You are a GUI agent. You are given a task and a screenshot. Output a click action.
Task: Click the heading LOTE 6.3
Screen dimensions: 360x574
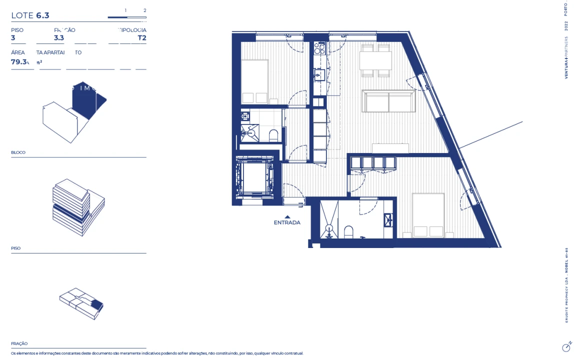[30, 15]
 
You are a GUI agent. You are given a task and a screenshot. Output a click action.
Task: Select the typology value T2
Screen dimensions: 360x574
[142, 37]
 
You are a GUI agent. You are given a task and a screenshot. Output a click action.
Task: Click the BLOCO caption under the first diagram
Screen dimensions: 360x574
[18, 152]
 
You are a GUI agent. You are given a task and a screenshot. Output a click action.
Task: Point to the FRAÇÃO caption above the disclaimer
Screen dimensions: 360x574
[19, 343]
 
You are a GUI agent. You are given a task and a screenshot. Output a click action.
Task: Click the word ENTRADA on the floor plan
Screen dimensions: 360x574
[287, 222]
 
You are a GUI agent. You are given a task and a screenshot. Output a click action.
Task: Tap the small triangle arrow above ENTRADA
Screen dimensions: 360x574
[287, 216]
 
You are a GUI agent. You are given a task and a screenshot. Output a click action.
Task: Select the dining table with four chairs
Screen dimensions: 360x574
[375, 61]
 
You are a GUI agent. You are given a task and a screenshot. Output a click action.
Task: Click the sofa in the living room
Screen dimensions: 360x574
[388, 101]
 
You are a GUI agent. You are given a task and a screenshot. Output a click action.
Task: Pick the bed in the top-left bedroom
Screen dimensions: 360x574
[254, 81]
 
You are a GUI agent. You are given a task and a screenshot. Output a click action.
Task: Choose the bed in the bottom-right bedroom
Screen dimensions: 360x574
[428, 215]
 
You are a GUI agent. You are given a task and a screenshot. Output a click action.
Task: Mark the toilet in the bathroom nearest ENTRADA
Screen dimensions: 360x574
[348, 232]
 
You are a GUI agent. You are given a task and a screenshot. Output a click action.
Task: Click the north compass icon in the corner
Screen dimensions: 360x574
[566, 346]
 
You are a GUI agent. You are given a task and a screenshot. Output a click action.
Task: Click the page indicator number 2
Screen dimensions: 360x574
[144, 10]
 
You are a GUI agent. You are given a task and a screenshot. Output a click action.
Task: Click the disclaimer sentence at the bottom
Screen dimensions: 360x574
[157, 353]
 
